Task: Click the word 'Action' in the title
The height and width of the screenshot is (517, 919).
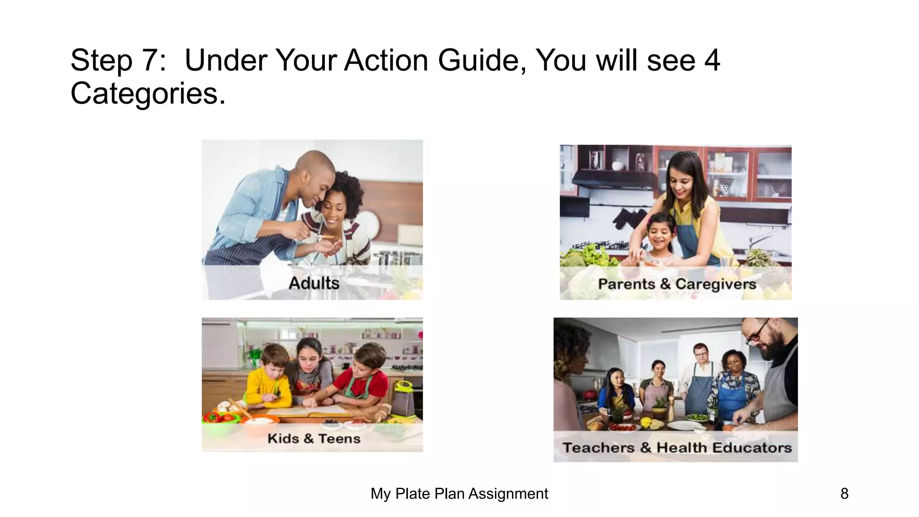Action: pyautogui.click(x=386, y=61)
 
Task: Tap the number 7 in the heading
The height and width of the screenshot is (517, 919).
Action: pyautogui.click(x=149, y=61)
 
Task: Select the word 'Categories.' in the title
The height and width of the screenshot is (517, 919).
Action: pyautogui.click(x=148, y=94)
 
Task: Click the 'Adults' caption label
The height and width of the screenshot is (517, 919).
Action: pyautogui.click(x=314, y=283)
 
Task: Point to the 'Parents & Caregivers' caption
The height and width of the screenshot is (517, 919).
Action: pyautogui.click(x=677, y=284)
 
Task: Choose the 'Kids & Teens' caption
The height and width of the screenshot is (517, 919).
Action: pyautogui.click(x=314, y=438)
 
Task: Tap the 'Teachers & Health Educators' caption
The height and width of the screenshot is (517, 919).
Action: pyautogui.click(x=677, y=447)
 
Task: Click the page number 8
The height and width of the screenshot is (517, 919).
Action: pyautogui.click(x=844, y=494)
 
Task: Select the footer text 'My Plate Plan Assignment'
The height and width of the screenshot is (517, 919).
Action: pyautogui.click(x=459, y=494)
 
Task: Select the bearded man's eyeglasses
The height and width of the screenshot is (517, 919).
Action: pyautogui.click(x=757, y=332)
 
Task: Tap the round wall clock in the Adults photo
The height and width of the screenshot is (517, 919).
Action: pyautogui.click(x=367, y=223)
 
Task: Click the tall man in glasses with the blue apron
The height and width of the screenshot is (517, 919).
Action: pyautogui.click(x=699, y=377)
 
